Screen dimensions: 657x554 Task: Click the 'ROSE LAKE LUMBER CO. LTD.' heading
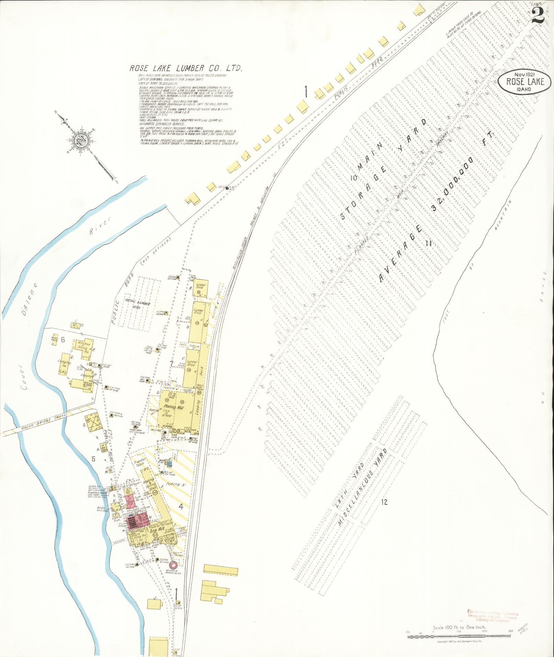186,68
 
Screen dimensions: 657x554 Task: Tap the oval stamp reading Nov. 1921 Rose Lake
522,82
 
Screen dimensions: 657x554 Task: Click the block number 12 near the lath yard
384,502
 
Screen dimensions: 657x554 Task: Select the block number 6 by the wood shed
63,340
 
